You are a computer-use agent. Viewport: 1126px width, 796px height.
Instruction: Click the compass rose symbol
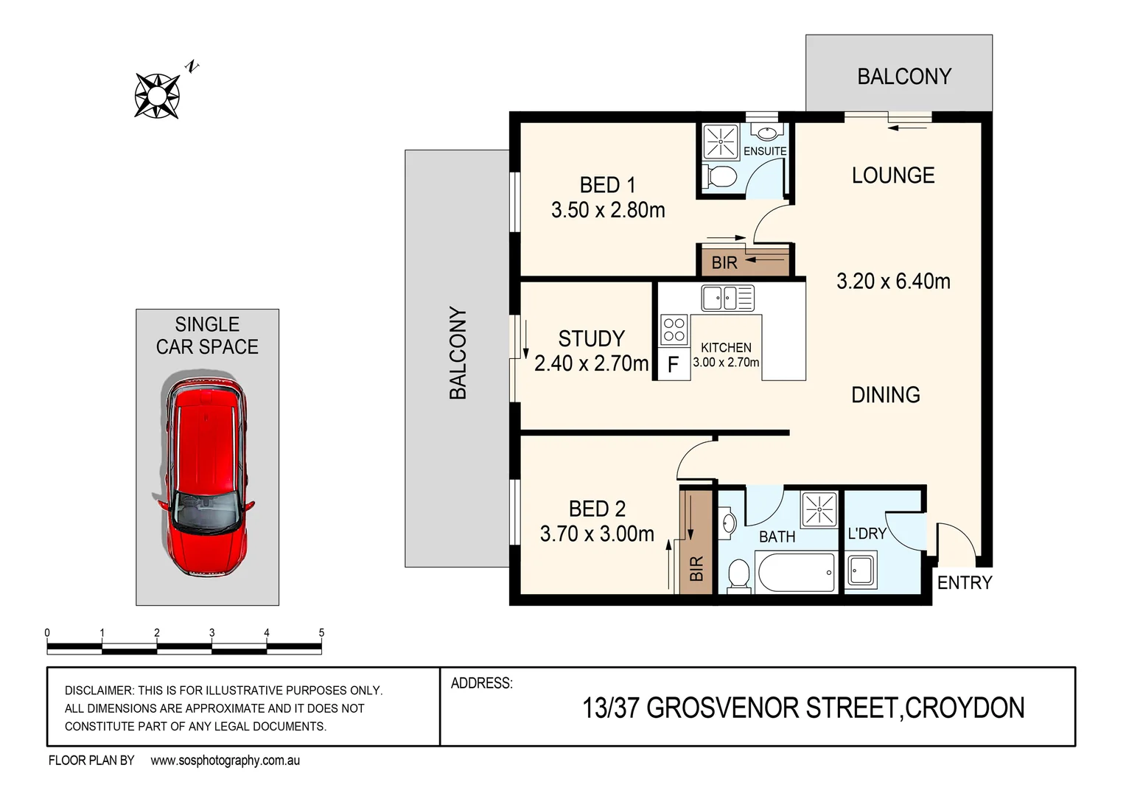157,96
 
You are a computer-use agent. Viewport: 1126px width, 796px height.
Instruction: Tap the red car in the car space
206,477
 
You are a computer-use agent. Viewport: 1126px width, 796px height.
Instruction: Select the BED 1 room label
607,185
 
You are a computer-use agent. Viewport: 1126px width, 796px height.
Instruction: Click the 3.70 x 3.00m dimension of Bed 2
597,534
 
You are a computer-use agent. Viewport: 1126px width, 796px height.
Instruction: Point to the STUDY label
591,339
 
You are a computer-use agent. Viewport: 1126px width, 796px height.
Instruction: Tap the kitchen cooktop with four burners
674,329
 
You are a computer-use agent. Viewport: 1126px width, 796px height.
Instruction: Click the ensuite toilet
720,178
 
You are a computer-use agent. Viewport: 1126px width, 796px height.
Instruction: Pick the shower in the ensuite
720,142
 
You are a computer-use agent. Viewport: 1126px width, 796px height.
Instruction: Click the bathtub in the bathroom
797,573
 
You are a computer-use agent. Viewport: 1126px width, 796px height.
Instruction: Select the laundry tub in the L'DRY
860,570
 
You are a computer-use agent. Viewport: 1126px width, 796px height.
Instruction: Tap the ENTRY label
965,583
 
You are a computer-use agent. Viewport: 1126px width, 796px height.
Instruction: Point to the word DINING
885,395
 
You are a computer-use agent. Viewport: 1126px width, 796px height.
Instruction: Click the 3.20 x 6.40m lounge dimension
893,282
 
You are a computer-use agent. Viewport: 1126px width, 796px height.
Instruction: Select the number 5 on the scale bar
321,633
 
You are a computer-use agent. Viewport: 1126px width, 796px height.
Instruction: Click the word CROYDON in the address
965,708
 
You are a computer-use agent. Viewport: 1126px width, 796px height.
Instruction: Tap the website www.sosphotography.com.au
225,761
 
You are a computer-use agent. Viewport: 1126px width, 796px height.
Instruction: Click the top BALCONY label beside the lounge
904,77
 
